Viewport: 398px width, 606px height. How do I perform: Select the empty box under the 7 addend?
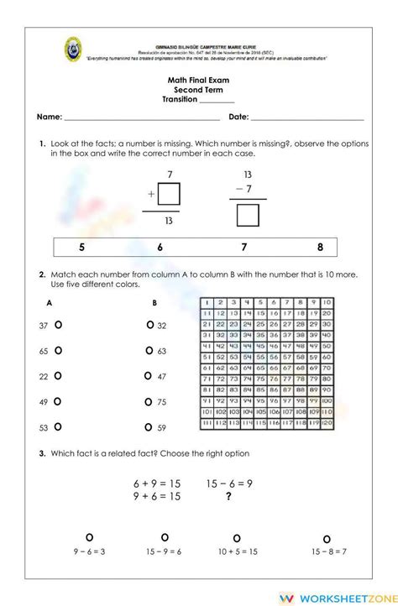[x=170, y=195]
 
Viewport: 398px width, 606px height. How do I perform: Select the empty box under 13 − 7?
[x=248, y=217]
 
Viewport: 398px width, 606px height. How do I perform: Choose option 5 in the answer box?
[x=81, y=247]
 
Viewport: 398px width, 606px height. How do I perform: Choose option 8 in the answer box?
[x=320, y=247]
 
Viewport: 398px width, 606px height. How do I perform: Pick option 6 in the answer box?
[x=160, y=247]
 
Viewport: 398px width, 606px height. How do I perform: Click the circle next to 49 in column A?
[x=58, y=402]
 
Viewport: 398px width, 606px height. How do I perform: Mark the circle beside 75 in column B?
[x=149, y=402]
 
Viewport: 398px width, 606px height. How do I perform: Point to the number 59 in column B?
[x=162, y=428]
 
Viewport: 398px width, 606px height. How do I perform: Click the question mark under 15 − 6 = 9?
[x=228, y=496]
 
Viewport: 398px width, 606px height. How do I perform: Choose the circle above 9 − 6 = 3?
[x=89, y=536]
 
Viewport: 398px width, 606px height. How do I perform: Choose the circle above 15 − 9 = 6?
[x=165, y=536]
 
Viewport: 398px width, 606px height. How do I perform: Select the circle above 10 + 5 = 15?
[x=236, y=538]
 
